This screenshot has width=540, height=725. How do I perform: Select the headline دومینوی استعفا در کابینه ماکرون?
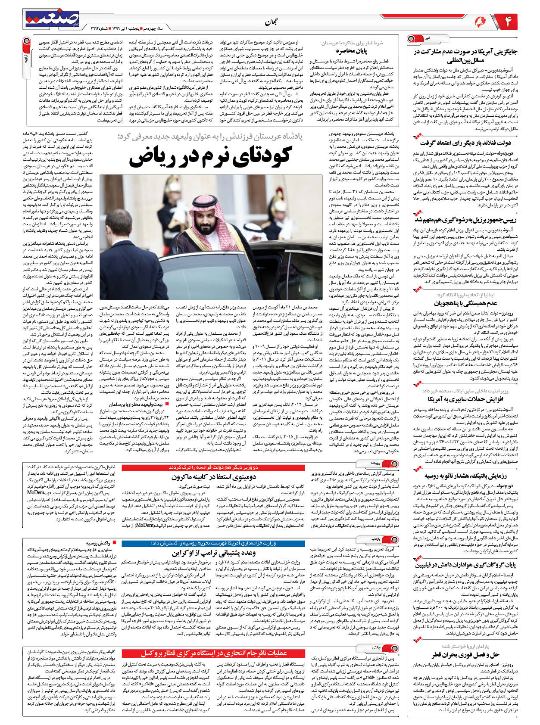point(214,477)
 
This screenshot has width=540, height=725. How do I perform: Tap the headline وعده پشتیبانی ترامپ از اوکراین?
point(214,553)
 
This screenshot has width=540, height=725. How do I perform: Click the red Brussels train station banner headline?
point(214,653)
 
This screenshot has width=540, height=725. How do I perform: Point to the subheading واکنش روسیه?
point(98,543)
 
